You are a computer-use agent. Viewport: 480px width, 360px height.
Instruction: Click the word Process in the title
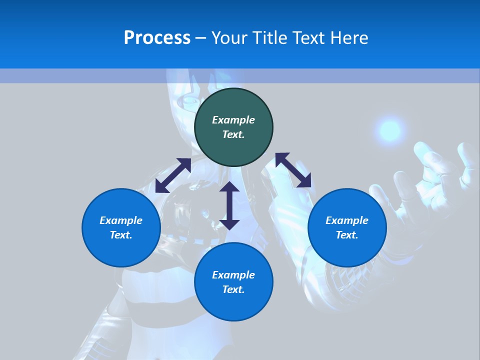(x=157, y=38)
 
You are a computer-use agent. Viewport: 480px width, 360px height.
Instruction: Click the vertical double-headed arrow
(x=229, y=205)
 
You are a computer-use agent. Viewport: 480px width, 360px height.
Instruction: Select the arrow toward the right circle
(x=293, y=170)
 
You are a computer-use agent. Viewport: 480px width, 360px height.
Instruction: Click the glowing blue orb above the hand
(x=390, y=131)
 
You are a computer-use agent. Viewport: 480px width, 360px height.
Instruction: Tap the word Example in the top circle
(x=233, y=120)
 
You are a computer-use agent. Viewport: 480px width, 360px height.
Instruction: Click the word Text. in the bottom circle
(x=233, y=289)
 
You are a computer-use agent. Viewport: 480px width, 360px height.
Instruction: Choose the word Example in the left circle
(x=121, y=220)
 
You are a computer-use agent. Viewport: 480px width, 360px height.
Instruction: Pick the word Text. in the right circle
(x=347, y=235)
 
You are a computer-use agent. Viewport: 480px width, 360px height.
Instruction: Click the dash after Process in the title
(x=200, y=38)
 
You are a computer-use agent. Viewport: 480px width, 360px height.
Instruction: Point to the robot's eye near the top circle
(x=189, y=101)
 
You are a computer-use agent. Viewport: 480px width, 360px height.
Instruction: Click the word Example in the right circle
(x=347, y=220)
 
